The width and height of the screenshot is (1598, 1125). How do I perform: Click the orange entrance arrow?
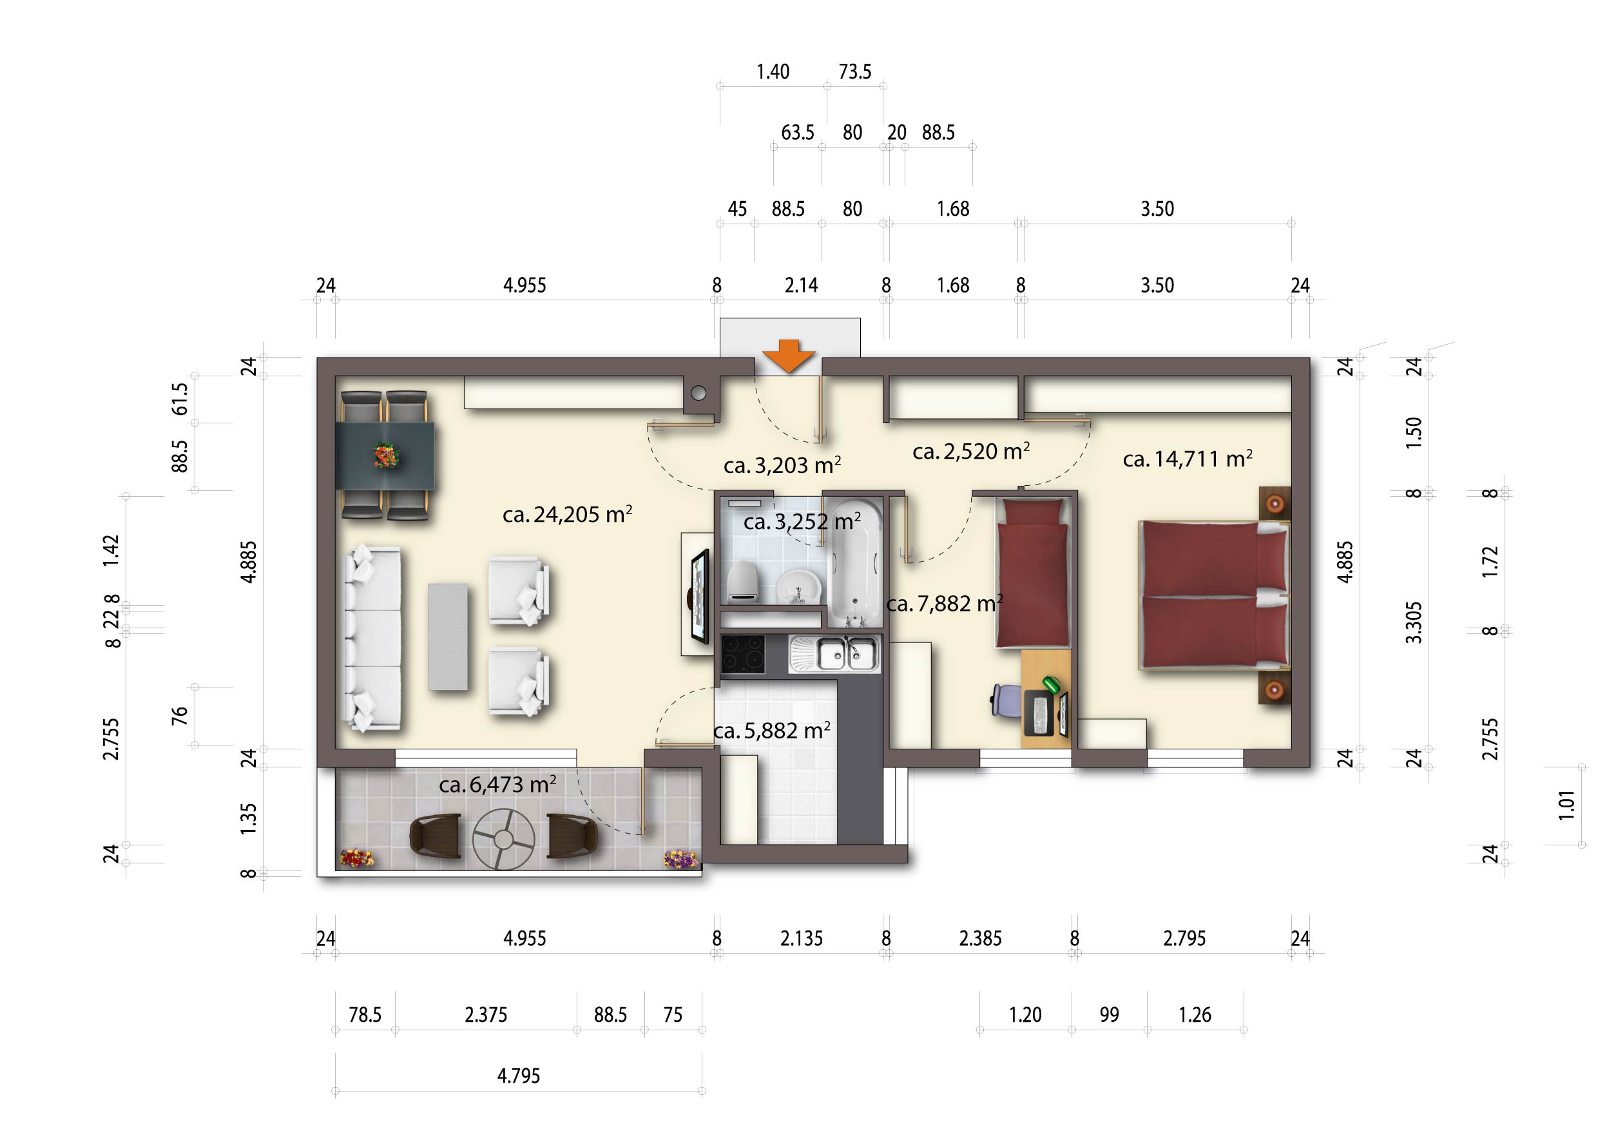pyautogui.click(x=788, y=356)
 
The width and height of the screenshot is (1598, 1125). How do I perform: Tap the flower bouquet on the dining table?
pyautogui.click(x=385, y=456)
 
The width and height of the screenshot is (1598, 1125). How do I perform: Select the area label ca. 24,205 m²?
pyautogui.click(x=567, y=514)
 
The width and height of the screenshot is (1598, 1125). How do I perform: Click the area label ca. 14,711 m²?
pyautogui.click(x=1188, y=459)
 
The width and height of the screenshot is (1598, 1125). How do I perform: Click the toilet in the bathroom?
pyautogui.click(x=742, y=581)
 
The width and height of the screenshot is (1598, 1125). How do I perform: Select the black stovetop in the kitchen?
pyautogui.click(x=743, y=654)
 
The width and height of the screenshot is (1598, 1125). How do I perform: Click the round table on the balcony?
pyautogui.click(x=503, y=839)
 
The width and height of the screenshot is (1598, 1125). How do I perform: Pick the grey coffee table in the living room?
pyautogui.click(x=448, y=637)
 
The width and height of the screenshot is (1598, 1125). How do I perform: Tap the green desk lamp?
pyautogui.click(x=1051, y=684)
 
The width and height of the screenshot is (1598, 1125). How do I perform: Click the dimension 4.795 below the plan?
pyautogui.click(x=519, y=1076)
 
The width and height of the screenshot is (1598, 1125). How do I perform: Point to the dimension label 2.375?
pyautogui.click(x=486, y=1015)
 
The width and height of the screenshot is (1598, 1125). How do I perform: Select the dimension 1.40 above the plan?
pyautogui.click(x=773, y=72)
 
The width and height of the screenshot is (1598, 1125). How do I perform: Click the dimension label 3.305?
pyautogui.click(x=1414, y=622)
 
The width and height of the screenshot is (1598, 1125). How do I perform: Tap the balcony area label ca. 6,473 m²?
pyautogui.click(x=497, y=785)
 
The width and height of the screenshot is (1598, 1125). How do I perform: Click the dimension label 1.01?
pyautogui.click(x=1566, y=805)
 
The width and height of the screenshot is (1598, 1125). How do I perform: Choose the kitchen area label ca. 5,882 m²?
pyautogui.click(x=772, y=731)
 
